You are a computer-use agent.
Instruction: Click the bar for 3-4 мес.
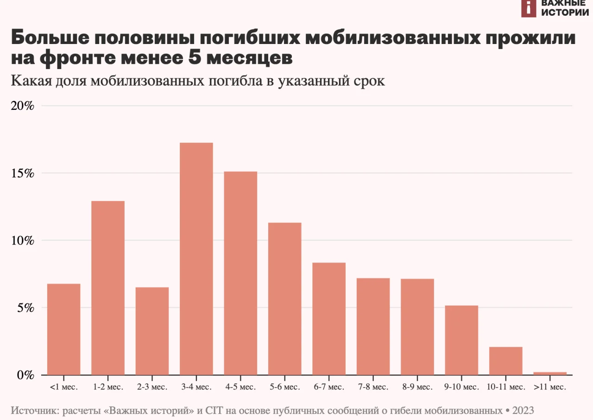click(196, 259)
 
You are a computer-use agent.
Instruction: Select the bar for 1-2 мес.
click(108, 288)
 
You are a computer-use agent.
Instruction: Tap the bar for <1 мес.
click(64, 329)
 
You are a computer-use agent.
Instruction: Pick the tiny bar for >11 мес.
click(550, 373)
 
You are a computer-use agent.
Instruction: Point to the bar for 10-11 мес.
click(506, 361)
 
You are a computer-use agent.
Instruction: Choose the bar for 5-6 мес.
click(284, 299)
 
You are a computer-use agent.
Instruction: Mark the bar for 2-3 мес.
click(152, 331)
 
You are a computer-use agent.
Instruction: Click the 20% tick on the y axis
click(23, 106)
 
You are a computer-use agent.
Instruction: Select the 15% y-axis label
click(23, 174)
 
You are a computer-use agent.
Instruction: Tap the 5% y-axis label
click(26, 308)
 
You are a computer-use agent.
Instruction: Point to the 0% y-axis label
click(26, 375)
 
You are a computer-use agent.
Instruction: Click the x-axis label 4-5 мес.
click(240, 387)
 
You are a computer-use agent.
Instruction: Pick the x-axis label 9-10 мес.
click(461, 387)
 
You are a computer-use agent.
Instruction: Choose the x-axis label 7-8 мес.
click(373, 387)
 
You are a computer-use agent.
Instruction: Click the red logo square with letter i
click(529, 7)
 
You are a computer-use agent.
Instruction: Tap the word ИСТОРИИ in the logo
click(565, 13)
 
